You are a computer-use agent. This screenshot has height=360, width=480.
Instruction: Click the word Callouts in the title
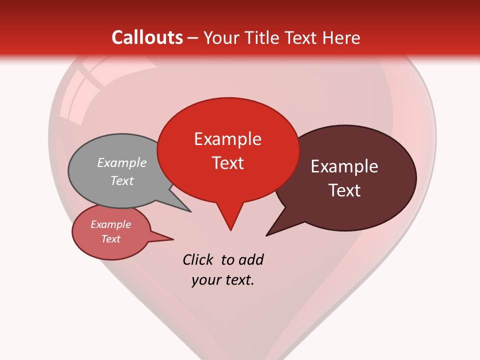pyautogui.click(x=147, y=37)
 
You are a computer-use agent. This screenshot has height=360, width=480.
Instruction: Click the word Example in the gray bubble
pyautogui.click(x=122, y=162)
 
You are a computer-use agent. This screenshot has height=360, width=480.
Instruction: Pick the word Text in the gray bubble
pyautogui.click(x=122, y=180)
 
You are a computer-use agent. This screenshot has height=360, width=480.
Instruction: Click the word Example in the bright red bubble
pyautogui.click(x=227, y=139)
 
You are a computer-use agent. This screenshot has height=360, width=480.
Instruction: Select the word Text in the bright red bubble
pyautogui.click(x=227, y=163)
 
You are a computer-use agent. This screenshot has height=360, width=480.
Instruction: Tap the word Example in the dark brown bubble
pyautogui.click(x=344, y=166)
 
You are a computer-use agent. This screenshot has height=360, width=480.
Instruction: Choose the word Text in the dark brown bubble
pyautogui.click(x=344, y=190)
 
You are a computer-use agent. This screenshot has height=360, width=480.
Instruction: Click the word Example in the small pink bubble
pyautogui.click(x=111, y=224)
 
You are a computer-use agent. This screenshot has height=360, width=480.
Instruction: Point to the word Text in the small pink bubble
pyautogui.click(x=111, y=239)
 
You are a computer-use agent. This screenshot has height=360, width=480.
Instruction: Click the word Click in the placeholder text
pyautogui.click(x=198, y=259)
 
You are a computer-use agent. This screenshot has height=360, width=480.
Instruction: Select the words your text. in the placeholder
pyautogui.click(x=223, y=280)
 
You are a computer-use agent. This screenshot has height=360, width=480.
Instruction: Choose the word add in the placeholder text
pyautogui.click(x=251, y=259)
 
